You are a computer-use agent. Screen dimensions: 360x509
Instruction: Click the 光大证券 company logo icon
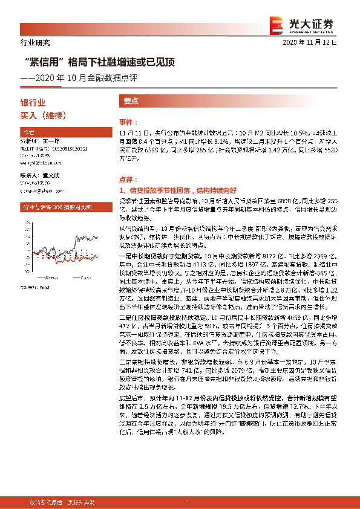click(x=277, y=23)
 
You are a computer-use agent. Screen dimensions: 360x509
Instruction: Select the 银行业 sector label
click(x=33, y=103)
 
